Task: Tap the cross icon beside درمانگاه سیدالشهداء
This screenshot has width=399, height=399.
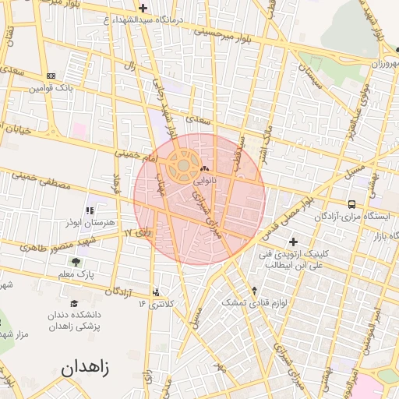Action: coord(142,8)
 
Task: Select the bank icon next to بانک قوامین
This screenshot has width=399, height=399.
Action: coord(51,76)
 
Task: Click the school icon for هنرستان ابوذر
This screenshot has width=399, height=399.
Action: coord(90,210)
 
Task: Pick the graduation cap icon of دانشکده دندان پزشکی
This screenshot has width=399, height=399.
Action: coord(74,303)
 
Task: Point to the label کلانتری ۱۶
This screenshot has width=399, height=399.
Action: coord(154,302)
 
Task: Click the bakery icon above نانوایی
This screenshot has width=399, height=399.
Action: coord(205,169)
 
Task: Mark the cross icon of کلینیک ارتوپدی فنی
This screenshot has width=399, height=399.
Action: coord(294,242)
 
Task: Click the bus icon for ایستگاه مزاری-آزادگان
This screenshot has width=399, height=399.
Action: coord(351,204)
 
